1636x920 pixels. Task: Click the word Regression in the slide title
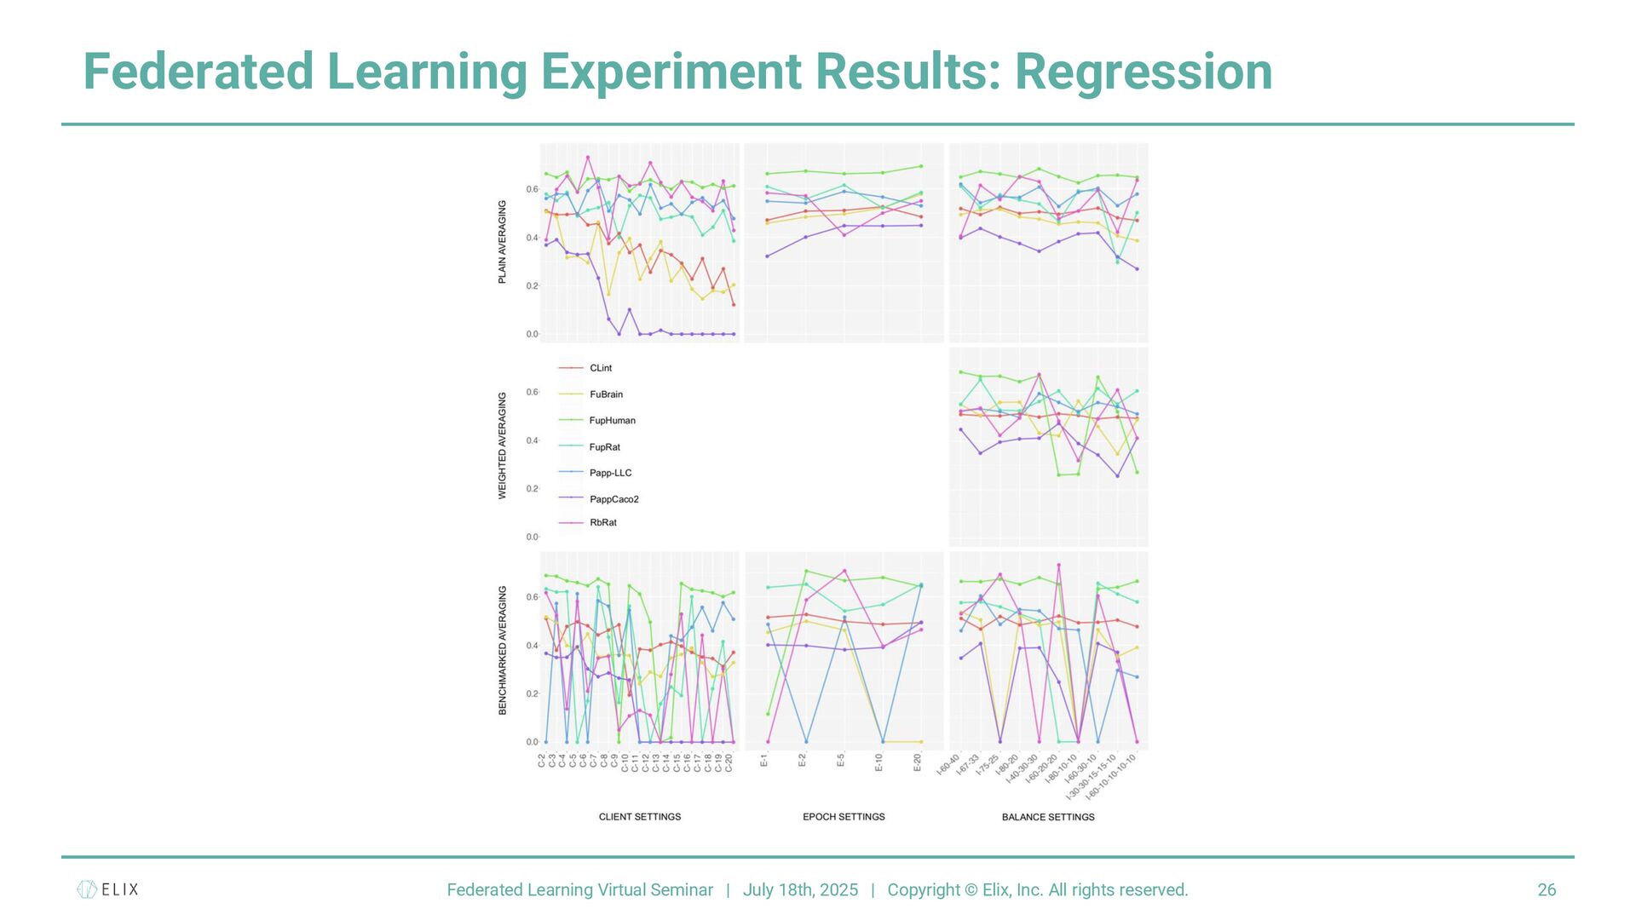tap(1143, 72)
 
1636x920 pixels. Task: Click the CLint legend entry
tap(600, 368)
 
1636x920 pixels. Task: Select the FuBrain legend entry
tap(606, 394)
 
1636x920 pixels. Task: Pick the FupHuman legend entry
tap(612, 421)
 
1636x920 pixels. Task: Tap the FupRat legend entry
tap(604, 447)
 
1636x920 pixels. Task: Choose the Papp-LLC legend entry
tap(610, 473)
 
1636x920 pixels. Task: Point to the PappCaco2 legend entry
tap(613, 499)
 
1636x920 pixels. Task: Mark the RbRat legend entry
tap(602, 522)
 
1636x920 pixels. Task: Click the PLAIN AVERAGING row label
tap(502, 242)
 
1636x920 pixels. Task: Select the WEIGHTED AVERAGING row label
tap(502, 446)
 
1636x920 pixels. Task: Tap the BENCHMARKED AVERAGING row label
tap(502, 650)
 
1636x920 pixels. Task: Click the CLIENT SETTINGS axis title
tap(640, 817)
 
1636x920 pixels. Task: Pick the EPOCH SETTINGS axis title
tap(844, 817)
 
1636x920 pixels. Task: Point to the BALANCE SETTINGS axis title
tap(1048, 817)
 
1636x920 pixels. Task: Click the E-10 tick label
tap(878, 762)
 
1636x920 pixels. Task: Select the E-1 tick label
tap(763, 760)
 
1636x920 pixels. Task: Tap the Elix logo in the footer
tap(107, 889)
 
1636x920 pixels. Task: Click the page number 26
tap(1547, 890)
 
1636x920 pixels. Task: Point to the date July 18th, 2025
tap(800, 890)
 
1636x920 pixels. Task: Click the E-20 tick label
tap(917, 762)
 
